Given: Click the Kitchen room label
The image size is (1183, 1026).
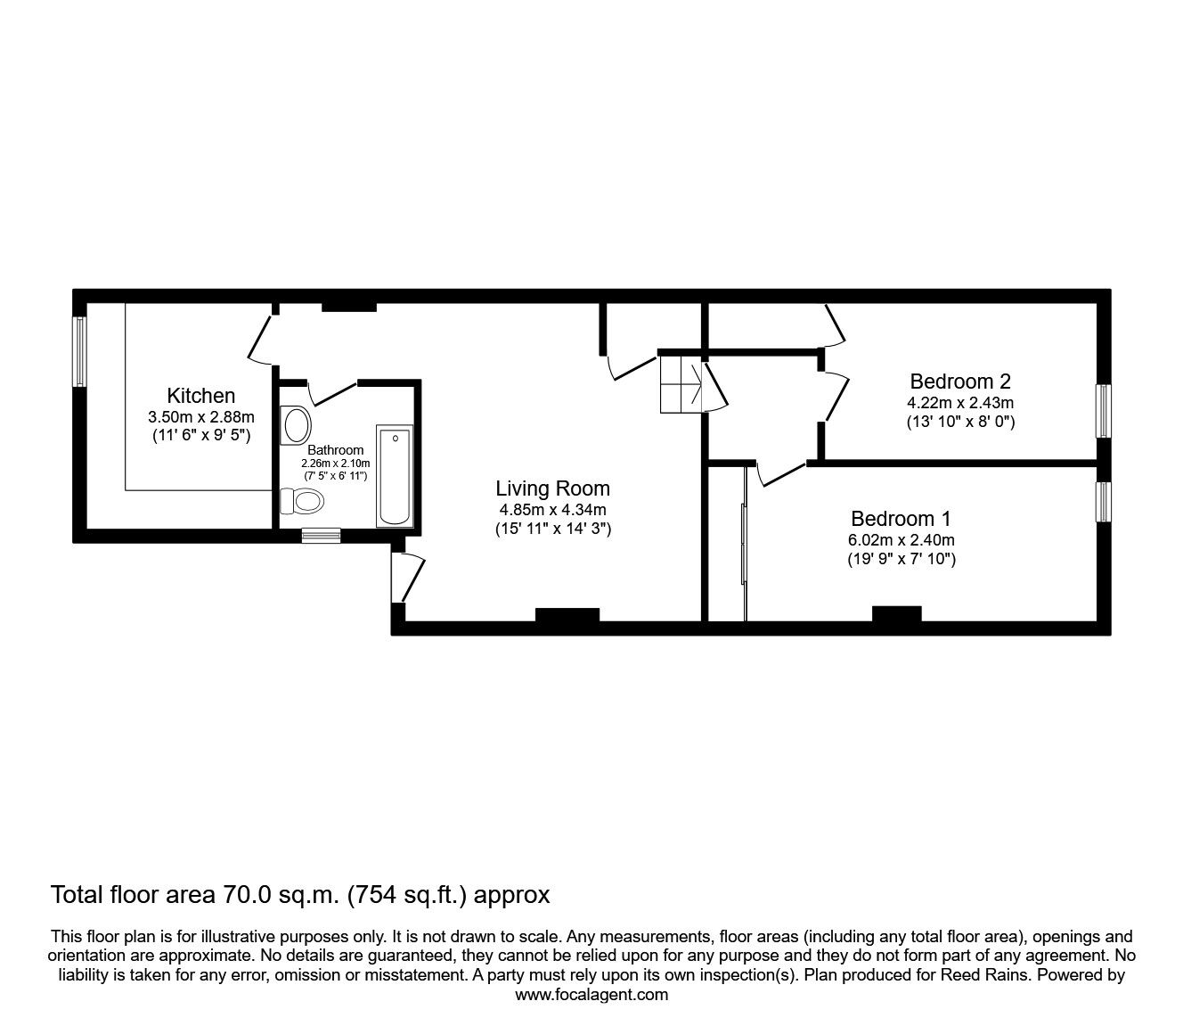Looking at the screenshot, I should pyautogui.click(x=201, y=396).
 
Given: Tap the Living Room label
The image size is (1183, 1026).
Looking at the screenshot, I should pyautogui.click(x=552, y=488).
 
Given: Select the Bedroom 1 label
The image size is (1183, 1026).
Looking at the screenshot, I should pyautogui.click(x=901, y=519).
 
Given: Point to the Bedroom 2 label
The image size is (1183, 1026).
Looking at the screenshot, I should pyautogui.click(x=960, y=382).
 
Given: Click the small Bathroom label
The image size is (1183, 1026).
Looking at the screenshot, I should pyautogui.click(x=336, y=450).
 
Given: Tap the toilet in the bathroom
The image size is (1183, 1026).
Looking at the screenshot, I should pyautogui.click(x=302, y=503).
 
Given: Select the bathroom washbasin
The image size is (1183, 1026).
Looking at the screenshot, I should pyautogui.click(x=295, y=425).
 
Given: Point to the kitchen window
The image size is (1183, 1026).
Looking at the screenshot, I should pyautogui.click(x=80, y=351).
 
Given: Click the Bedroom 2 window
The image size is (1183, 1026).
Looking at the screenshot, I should pyautogui.click(x=1104, y=411).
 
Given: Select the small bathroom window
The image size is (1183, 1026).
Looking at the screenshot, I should pyautogui.click(x=321, y=535).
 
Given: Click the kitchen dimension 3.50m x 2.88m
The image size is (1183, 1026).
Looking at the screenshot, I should pyautogui.click(x=201, y=417).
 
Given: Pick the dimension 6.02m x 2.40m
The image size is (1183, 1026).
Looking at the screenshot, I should pyautogui.click(x=901, y=540).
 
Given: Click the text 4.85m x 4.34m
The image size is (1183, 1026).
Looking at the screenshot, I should pyautogui.click(x=552, y=510).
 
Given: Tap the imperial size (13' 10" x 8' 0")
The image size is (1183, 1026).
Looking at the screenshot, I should pyautogui.click(x=960, y=421).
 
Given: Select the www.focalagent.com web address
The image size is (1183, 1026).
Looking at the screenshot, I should pyautogui.click(x=591, y=995).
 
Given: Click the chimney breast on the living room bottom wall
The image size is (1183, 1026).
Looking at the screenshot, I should pyautogui.click(x=567, y=616).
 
